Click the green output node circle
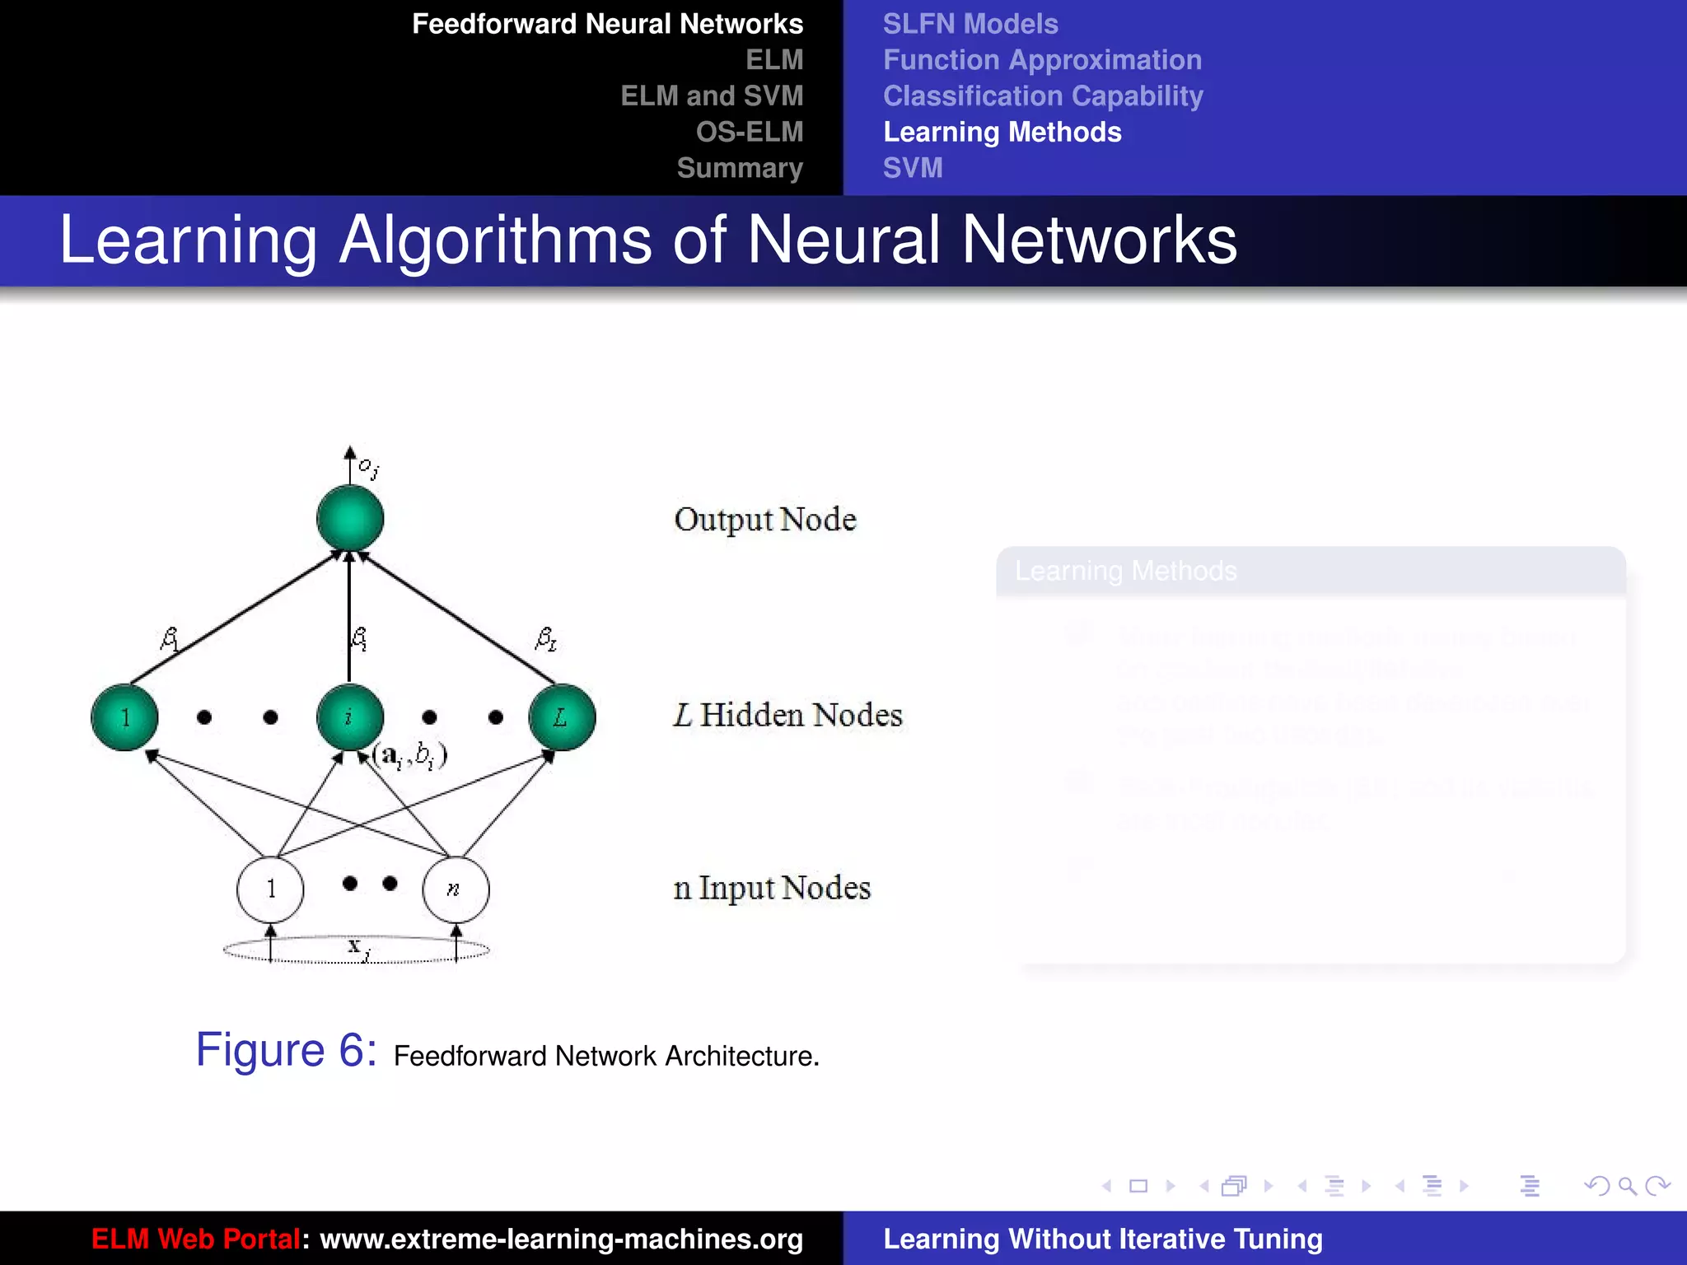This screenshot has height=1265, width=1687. (x=350, y=518)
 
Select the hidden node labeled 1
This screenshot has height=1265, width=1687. (x=124, y=717)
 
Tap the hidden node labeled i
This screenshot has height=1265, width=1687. (x=349, y=717)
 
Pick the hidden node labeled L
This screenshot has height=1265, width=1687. (x=562, y=717)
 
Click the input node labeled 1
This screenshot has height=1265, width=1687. (x=270, y=889)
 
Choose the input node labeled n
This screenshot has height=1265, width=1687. (x=456, y=889)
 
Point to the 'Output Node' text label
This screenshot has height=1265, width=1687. (x=765, y=520)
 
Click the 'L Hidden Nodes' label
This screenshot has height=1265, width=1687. (x=788, y=715)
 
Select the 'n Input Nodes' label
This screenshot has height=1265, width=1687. (x=772, y=888)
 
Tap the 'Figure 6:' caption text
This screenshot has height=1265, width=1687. (x=286, y=1050)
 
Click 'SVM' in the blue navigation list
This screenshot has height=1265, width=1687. (x=913, y=168)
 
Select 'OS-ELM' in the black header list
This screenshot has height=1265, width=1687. (x=749, y=132)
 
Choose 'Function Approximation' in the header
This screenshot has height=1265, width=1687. (x=1042, y=60)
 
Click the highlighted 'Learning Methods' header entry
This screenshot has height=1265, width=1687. (x=1002, y=132)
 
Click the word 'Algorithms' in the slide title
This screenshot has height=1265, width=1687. (x=495, y=240)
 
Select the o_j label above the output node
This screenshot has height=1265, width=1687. (x=368, y=468)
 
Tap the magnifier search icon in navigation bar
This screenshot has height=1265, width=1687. (x=1627, y=1186)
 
